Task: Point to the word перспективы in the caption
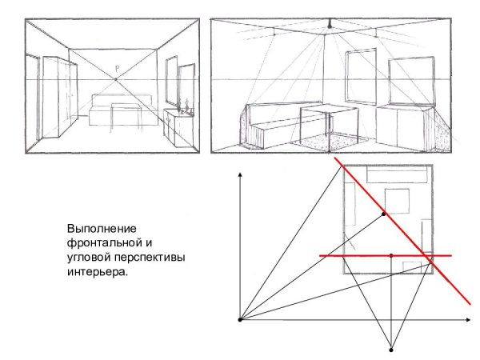[157, 256]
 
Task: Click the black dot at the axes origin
[241, 319]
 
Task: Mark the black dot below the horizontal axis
[390, 349]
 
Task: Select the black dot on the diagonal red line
[384, 214]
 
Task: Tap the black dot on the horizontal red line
[390, 255]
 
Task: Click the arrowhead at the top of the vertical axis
[241, 174]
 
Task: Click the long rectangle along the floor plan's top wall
[387, 175]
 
